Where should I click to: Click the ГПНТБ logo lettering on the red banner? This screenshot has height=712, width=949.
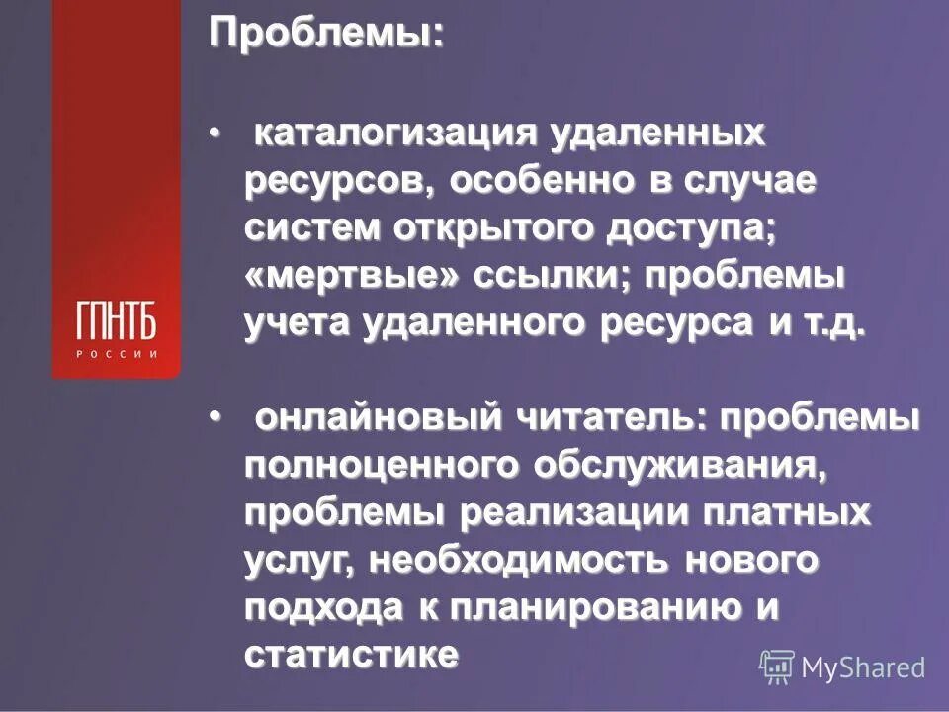pos(116,320)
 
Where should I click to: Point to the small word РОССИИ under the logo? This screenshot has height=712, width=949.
pos(116,354)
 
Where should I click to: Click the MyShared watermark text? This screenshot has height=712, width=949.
pos(863,667)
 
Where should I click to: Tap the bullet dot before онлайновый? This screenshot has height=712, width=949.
pos(215,420)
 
